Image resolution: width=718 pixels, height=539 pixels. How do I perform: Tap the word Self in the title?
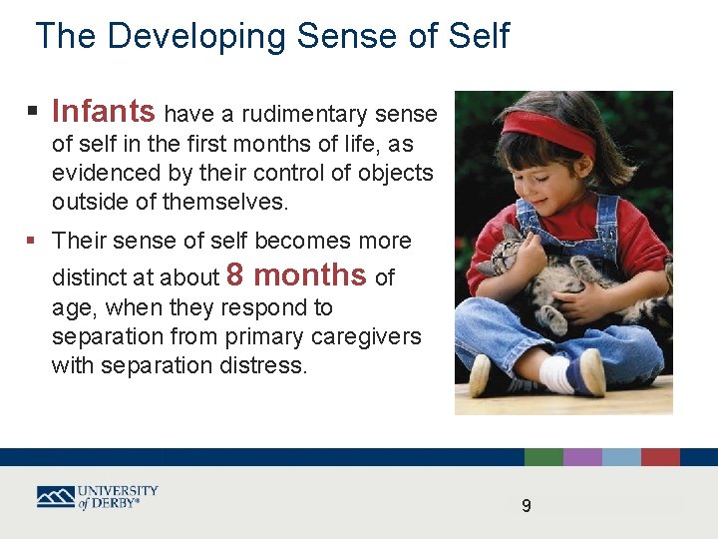pyautogui.click(x=478, y=36)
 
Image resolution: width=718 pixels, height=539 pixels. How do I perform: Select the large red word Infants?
pyautogui.click(x=103, y=111)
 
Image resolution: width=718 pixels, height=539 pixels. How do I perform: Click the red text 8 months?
pyautogui.click(x=297, y=274)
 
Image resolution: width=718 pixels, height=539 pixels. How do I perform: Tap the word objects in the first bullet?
pyautogui.click(x=398, y=173)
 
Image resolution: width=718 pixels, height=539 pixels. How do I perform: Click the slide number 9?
pyautogui.click(x=527, y=506)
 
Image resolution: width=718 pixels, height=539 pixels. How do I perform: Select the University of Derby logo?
pyautogui.click(x=97, y=496)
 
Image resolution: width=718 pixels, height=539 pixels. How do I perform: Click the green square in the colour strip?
pyautogui.click(x=543, y=457)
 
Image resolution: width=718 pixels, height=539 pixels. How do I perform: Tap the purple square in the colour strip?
pyautogui.click(x=582, y=457)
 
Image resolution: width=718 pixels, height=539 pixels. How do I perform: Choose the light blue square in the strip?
pyautogui.click(x=621, y=457)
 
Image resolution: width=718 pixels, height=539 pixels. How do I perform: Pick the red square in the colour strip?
pyautogui.click(x=660, y=457)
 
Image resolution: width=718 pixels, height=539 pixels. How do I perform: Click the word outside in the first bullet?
pyautogui.click(x=91, y=202)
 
